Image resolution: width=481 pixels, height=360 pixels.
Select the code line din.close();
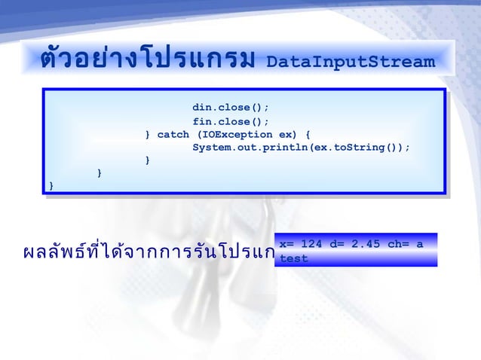pos(231,106)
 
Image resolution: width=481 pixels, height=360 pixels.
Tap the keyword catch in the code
pos(173,134)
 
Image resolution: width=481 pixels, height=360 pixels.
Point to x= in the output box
pos(286,244)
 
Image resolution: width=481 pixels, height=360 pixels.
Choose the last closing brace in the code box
pos(51,185)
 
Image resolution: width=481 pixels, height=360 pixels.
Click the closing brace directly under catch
pos(148,160)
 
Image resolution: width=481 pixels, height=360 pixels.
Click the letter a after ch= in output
pos(418,244)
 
